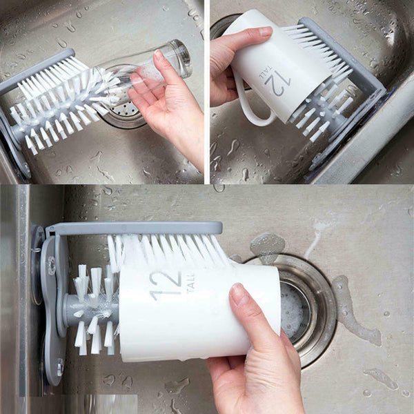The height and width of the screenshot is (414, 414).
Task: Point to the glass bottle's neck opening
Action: [x=184, y=55]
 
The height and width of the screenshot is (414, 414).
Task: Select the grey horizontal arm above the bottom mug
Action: [x=138, y=228]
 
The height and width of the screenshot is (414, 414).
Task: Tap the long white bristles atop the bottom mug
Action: [x=166, y=252]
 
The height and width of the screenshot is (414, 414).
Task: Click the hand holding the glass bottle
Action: [x=166, y=103]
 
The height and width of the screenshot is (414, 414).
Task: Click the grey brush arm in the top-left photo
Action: [x=34, y=69]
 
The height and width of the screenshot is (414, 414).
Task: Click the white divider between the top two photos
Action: [x=207, y=90]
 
